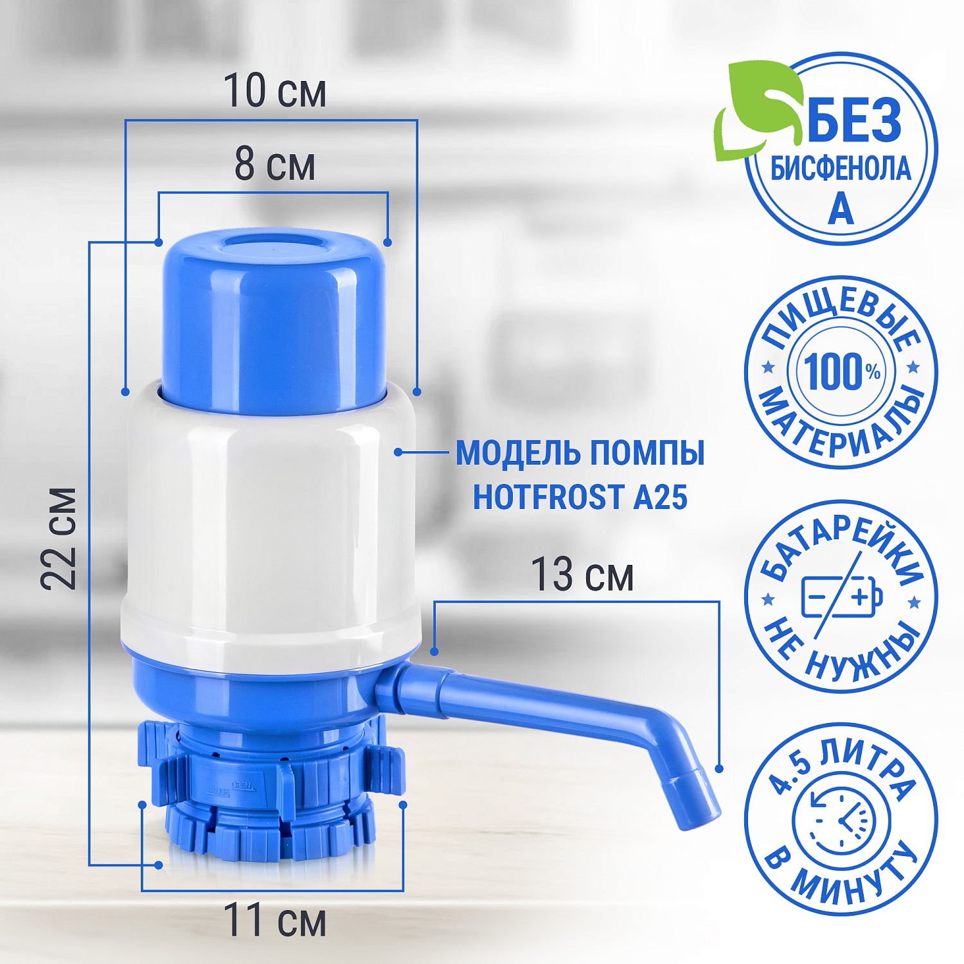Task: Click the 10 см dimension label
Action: click(274, 91)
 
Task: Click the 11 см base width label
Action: click(274, 920)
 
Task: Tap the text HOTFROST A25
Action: click(580, 497)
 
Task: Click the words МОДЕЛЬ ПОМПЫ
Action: click(580, 453)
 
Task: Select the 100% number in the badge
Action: click(842, 371)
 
